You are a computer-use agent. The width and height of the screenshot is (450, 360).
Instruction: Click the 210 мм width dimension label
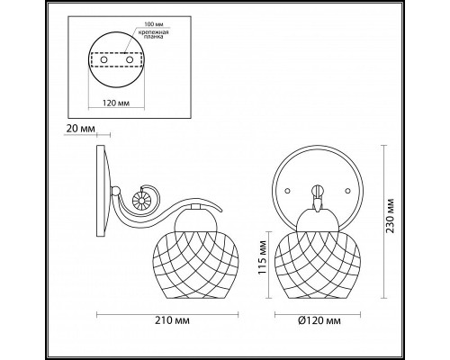[172, 320]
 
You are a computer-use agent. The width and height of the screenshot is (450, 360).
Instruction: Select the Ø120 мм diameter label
[319, 320]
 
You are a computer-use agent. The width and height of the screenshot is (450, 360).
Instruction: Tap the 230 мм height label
[390, 216]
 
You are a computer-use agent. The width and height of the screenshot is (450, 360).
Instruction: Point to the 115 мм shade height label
[263, 257]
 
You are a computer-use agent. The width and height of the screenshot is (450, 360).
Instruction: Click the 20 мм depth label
[80, 129]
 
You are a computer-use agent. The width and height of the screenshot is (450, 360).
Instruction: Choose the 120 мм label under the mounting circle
[116, 103]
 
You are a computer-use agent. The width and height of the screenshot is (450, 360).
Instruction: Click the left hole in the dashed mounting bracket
[104, 60]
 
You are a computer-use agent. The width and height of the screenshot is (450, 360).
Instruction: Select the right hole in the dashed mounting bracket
[130, 60]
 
